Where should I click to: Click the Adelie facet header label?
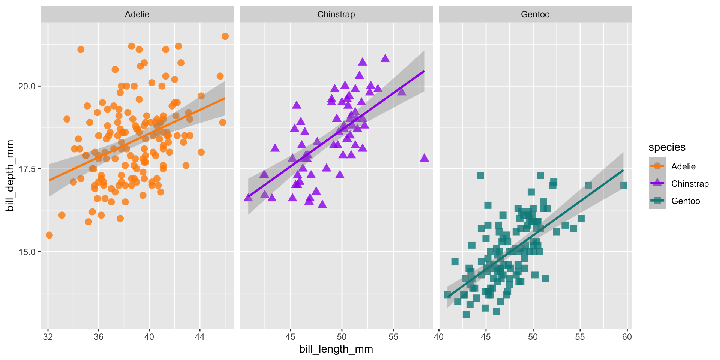137,14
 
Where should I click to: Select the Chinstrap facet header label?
336,14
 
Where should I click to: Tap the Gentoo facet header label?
535,14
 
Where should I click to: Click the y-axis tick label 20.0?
27,86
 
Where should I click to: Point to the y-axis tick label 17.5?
27,169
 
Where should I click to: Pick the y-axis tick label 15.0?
27,252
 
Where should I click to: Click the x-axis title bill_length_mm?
336,349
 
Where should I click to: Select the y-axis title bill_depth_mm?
10,175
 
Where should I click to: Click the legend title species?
667,147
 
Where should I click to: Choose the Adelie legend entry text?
683,166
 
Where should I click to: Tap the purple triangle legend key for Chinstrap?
657,184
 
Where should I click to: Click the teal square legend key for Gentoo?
657,201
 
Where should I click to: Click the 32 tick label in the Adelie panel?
48,337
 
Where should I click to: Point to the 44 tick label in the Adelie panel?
200,337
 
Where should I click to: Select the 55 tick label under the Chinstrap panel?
393,337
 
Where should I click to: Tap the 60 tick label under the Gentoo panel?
627,337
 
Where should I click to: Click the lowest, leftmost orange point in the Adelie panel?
49,235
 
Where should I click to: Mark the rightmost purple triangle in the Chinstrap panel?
424,158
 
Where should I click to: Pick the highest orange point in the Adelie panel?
225,36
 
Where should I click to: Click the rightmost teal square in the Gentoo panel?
623,185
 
